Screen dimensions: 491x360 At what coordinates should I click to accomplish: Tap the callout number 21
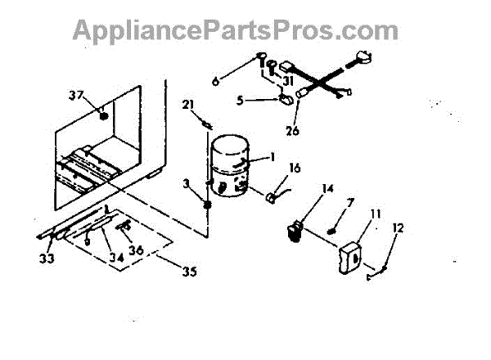tap(188, 105)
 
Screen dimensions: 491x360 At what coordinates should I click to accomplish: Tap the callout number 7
tap(350, 201)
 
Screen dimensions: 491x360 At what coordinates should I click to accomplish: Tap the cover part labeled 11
tap(351, 257)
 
